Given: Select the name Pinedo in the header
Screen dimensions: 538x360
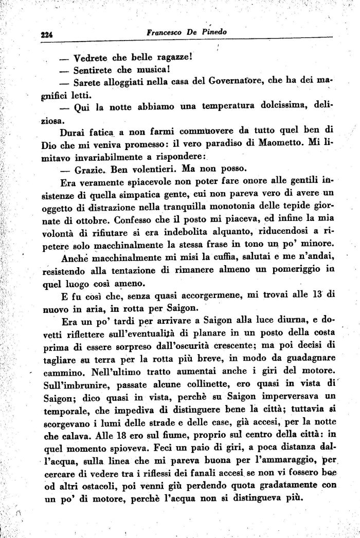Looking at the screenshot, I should click(214, 31).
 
